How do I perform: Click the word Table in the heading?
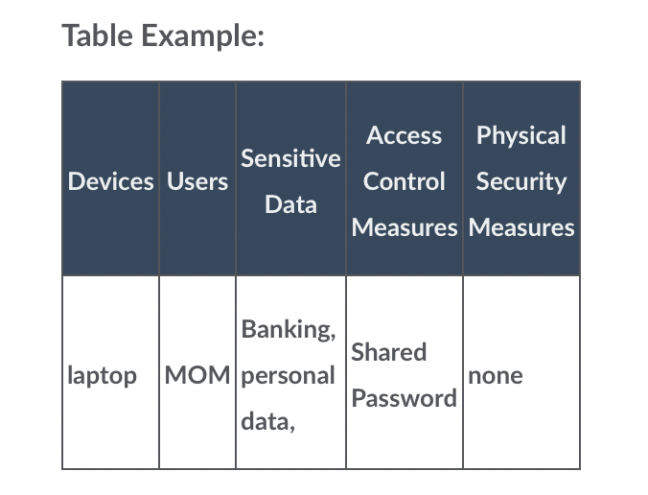point(98,35)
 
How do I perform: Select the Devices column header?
point(111,181)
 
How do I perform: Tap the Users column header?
point(197,181)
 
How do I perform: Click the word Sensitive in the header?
point(291,158)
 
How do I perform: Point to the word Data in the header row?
point(291,204)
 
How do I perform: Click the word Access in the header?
point(405,135)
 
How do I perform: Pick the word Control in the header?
point(405,181)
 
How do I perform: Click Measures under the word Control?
point(405,227)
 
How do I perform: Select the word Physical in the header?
point(521,136)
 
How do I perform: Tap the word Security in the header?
point(521,182)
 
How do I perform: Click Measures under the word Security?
point(521,227)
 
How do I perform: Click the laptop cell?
point(102,376)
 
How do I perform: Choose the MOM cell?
point(197,375)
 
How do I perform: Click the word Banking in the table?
point(289,330)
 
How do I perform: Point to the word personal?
point(288,376)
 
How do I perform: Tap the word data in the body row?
point(267,422)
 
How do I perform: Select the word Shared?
point(389,352)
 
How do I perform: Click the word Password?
point(405,398)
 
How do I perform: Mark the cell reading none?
point(496,375)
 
